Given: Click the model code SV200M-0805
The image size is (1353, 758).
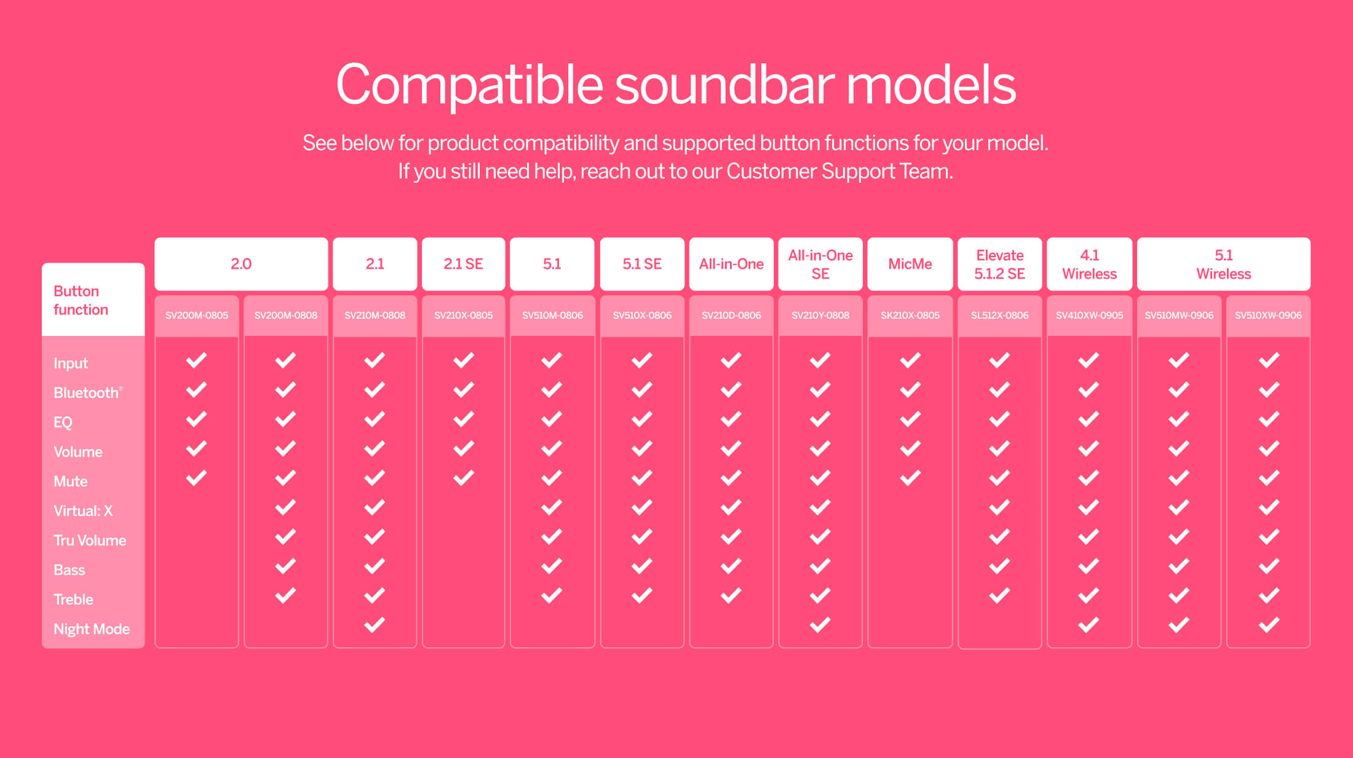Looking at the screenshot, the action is pos(197,316).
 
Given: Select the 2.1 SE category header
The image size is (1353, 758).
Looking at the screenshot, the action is pos(464,264).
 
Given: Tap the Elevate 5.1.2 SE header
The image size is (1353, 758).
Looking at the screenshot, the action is pos(1000,264).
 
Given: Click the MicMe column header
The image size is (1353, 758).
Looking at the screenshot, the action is pos(910,264).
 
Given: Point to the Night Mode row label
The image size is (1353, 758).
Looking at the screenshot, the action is pos(92,629).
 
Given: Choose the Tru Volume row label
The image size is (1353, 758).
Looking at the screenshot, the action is pos(90,540).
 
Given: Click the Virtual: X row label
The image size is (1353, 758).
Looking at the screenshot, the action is pos(83,511).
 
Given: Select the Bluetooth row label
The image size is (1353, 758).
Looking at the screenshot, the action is pos(88,393).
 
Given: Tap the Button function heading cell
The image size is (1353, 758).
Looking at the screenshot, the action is pos(93,300).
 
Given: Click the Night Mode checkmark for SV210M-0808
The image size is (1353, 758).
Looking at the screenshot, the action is pos(375,625).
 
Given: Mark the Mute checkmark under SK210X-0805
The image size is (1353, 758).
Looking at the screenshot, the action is pos(910,477).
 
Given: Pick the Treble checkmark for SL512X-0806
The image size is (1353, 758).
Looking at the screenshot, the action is pos(999,596).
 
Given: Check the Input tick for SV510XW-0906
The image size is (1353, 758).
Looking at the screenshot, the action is pos(1269,360).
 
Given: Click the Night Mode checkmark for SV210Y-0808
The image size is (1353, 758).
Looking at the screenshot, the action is pos(820,625).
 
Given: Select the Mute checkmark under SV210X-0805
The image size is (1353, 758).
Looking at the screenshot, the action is pos(464,477).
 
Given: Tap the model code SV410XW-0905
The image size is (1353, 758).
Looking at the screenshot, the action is pos(1090,316).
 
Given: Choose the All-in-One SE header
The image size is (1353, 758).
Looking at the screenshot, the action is pos(820,264).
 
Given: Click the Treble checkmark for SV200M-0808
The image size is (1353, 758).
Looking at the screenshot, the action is pos(285,596).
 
